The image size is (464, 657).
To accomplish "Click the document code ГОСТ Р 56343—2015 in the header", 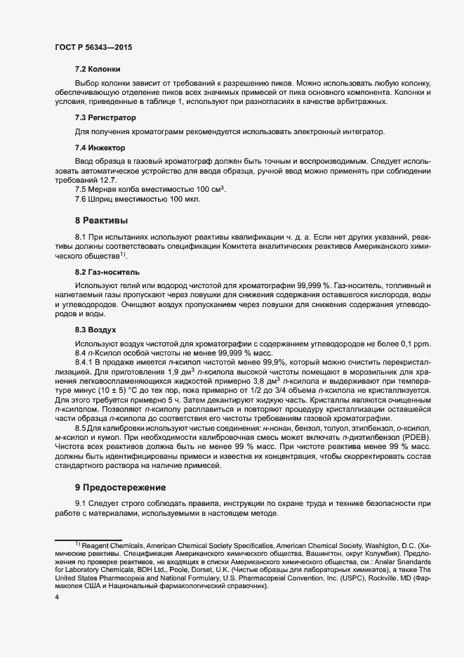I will pyautogui.click(x=93, y=48).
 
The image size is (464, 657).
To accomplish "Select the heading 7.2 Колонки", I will pyautogui.click(x=98, y=69).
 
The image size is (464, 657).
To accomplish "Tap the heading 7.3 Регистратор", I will pyautogui.click(x=105, y=117).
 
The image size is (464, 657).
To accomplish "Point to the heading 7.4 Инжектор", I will pyautogui.click(x=100, y=148).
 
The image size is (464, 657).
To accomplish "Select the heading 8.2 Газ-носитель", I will pyautogui.click(x=107, y=271).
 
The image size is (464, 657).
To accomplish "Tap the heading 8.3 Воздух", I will pyautogui.click(x=95, y=329).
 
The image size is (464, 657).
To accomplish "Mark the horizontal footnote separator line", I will pyautogui.click(x=84, y=539).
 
